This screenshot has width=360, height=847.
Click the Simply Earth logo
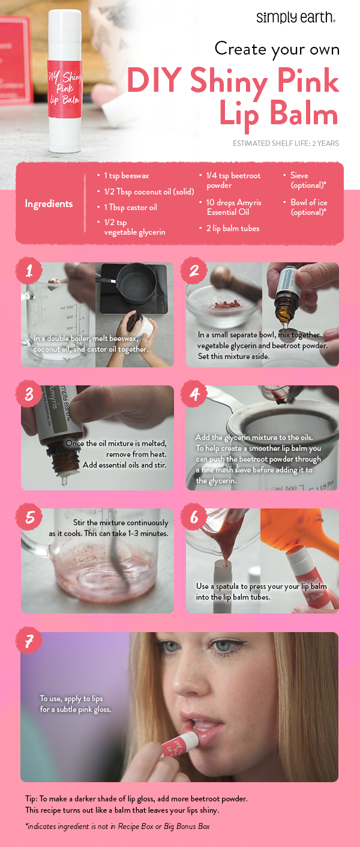[295, 17]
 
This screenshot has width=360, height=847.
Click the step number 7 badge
[29, 642]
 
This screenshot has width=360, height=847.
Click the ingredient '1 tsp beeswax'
[127, 176]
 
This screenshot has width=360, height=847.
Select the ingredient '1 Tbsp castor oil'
[130, 207]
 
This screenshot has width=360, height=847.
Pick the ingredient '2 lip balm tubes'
[233, 229]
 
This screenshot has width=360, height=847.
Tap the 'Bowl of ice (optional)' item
[308, 207]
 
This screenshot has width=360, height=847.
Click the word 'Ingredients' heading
[49, 204]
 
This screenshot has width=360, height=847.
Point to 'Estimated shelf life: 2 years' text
[286, 143]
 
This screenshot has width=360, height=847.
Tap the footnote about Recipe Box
[117, 827]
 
